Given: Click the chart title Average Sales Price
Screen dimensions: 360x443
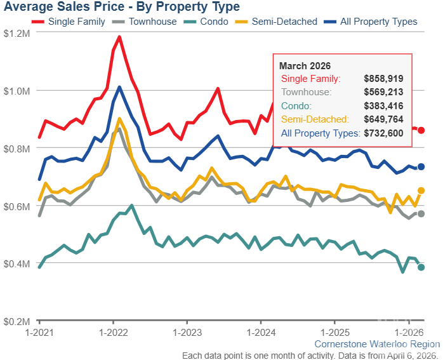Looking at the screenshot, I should click(121, 7).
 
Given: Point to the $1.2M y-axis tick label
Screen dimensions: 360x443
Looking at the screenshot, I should click(16, 33).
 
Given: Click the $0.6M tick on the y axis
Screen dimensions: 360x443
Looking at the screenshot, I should click(16, 206).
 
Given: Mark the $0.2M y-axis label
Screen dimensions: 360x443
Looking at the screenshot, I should click(16, 322).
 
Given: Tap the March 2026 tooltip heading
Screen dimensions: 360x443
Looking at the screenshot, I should click(305, 66).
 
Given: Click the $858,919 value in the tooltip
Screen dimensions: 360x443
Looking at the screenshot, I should click(384, 79).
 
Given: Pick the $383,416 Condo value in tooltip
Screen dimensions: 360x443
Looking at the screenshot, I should click(384, 106).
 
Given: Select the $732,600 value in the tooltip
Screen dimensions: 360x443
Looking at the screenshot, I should click(384, 133).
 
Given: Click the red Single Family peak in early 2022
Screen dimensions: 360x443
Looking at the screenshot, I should click(119, 37).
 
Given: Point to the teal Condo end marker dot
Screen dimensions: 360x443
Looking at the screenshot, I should click(421, 267).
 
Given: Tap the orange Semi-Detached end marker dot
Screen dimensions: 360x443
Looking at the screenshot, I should click(421, 190).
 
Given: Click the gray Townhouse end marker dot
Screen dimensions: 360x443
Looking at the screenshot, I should click(421, 213).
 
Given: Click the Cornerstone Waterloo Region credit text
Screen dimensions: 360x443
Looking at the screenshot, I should click(376, 344).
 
